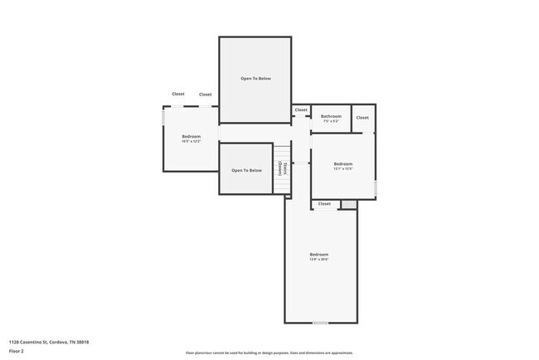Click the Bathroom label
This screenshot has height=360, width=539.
point(332,116)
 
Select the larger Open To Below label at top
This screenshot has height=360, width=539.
point(255,79)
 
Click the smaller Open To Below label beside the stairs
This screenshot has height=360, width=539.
point(246,170)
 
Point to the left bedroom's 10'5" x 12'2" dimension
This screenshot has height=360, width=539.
point(192,141)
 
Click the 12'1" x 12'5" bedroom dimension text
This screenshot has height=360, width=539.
point(343,168)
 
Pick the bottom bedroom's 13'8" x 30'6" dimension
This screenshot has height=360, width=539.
point(319,260)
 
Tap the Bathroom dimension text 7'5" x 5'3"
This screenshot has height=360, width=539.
point(332,121)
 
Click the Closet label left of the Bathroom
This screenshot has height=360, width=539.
point(301,109)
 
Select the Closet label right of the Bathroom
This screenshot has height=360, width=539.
point(362,118)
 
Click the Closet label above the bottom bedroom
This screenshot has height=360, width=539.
point(324,203)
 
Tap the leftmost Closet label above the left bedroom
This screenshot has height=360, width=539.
point(178,94)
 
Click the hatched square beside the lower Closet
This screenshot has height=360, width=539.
point(349,204)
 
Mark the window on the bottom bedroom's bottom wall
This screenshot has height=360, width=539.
point(320,323)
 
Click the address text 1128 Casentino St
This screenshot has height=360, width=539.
point(49,341)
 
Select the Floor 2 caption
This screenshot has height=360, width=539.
point(17,351)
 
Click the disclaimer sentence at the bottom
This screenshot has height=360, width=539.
point(269,353)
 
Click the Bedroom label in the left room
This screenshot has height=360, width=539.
point(192,136)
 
